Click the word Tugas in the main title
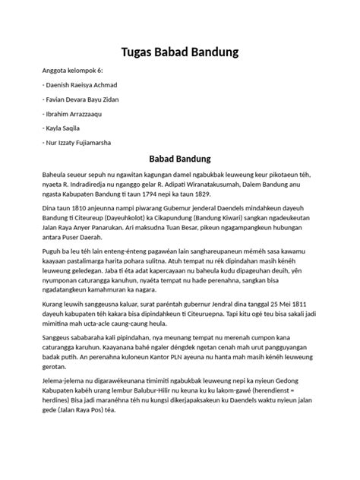[x=140, y=52]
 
